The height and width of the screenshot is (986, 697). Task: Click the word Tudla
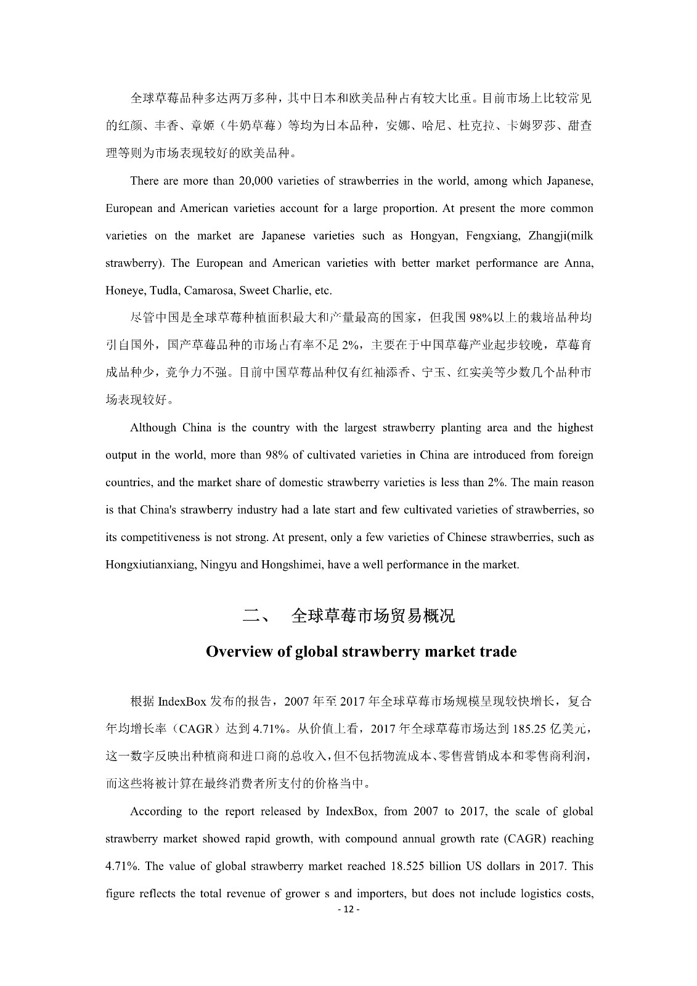click(161, 290)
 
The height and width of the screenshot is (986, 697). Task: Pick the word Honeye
click(124, 290)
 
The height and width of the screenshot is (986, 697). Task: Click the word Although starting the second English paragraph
click(153, 427)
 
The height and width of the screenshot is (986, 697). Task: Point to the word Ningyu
click(219, 564)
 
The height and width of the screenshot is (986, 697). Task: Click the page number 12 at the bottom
click(348, 910)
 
